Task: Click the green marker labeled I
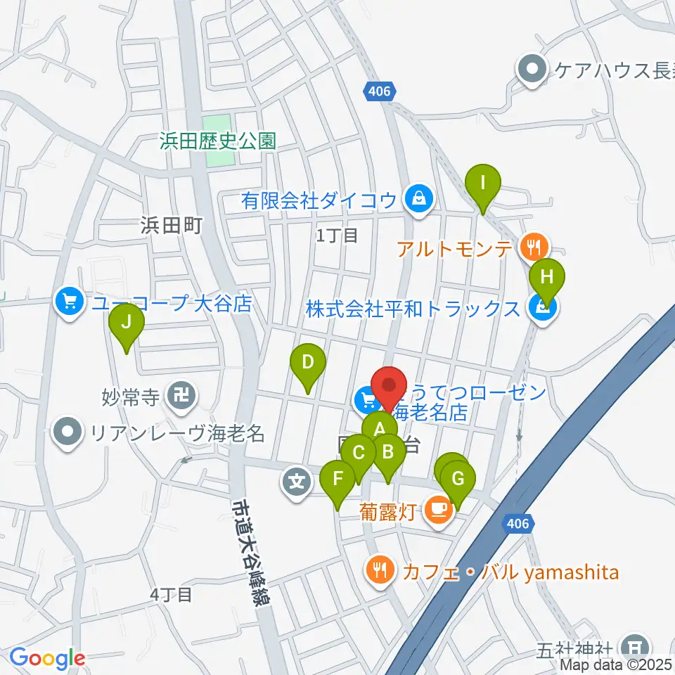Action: click(x=483, y=185)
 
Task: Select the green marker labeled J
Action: click(x=127, y=324)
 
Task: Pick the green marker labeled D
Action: click(x=307, y=364)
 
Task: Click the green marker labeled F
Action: click(x=337, y=481)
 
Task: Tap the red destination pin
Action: click(x=389, y=388)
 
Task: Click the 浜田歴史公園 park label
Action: click(x=217, y=141)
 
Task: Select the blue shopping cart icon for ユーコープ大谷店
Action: click(x=69, y=304)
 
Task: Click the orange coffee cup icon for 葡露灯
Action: click(x=439, y=508)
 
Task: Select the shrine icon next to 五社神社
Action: click(x=636, y=645)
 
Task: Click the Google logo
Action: click(x=47, y=659)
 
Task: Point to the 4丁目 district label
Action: click(x=171, y=595)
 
